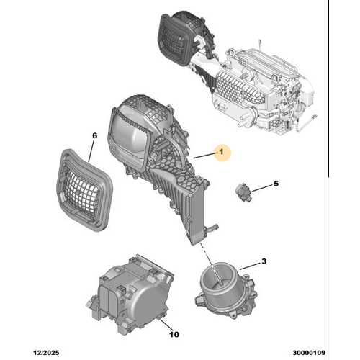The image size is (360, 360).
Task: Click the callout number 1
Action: coord(221,152)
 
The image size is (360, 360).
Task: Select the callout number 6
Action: coord(95,135)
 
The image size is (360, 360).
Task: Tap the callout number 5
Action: coord(276,184)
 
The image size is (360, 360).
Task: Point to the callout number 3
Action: coord(264,261)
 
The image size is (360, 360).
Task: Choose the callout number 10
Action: coord(174,334)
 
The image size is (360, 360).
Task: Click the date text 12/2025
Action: coord(46,353)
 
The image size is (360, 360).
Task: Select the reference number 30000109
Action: coord(309,353)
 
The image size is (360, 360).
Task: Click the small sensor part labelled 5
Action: coord(243,192)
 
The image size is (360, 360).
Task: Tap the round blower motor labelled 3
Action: coord(225,289)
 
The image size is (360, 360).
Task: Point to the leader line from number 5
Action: coord(262,188)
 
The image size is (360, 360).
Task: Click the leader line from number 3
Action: coord(250,266)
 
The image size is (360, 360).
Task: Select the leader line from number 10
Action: coord(166,325)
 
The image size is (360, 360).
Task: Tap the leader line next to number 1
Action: coord(205,156)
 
